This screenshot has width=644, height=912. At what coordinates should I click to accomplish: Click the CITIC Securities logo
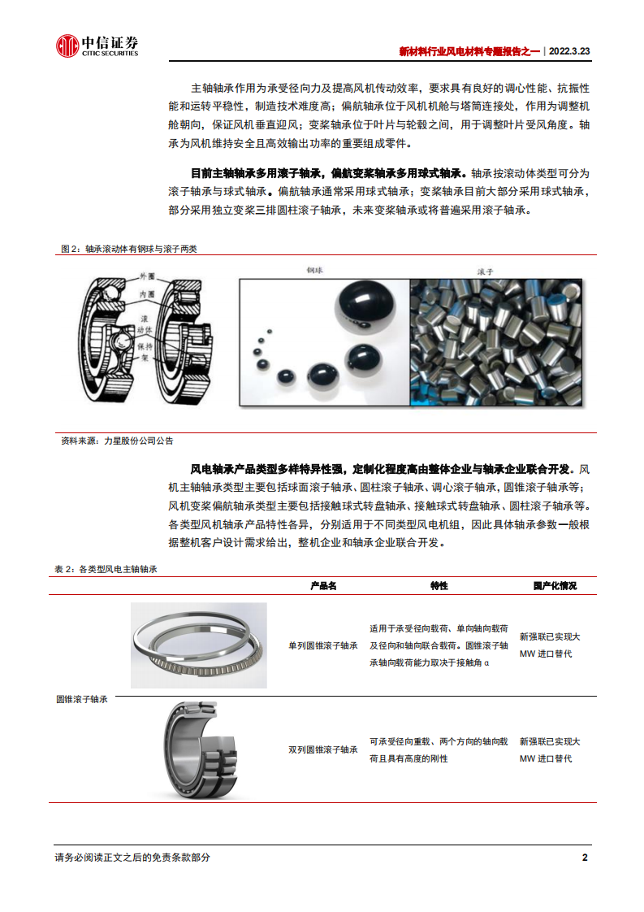pyautogui.click(x=97, y=46)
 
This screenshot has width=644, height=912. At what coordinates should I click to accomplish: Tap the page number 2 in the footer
pyautogui.click(x=585, y=858)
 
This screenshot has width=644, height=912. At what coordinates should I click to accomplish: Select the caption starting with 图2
pyautogui.click(x=129, y=249)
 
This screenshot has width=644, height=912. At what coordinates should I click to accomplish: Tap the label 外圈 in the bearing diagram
pyautogui.click(x=145, y=277)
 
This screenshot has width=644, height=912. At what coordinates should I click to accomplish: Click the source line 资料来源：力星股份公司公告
pyautogui.click(x=117, y=441)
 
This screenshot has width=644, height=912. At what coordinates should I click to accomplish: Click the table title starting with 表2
pyautogui.click(x=106, y=570)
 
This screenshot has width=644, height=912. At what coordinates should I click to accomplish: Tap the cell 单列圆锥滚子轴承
pyautogui.click(x=322, y=645)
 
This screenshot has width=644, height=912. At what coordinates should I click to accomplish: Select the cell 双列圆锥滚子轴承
pyautogui.click(x=322, y=750)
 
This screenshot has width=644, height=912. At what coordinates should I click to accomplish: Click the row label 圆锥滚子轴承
pyautogui.click(x=82, y=699)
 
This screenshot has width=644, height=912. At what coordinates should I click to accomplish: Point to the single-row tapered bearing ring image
pyautogui.click(x=199, y=645)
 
